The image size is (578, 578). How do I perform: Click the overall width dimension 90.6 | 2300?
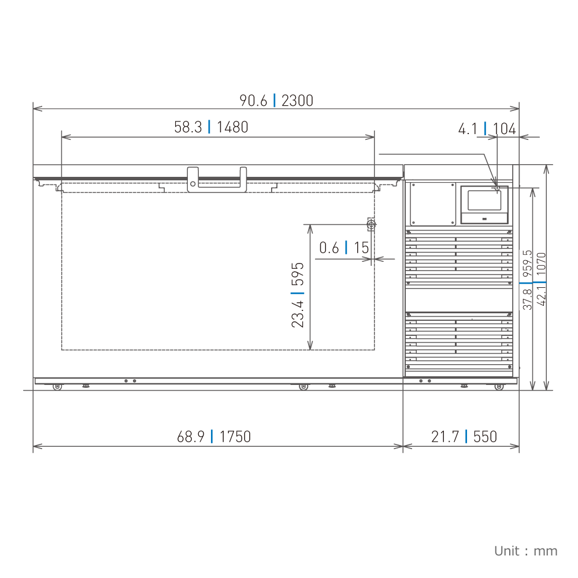[276, 101]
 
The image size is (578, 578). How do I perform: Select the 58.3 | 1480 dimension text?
[211, 127]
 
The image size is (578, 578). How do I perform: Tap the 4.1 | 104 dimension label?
[487, 129]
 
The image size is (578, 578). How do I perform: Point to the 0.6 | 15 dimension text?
[344, 248]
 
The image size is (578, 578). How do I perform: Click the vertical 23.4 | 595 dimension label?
[298, 295]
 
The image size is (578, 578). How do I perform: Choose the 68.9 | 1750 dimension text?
[214, 436]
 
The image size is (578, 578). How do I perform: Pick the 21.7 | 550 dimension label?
[464, 436]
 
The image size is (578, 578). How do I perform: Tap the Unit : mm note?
[525, 551]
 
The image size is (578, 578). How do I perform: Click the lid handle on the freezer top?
[217, 177]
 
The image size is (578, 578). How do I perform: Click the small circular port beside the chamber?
[372, 224]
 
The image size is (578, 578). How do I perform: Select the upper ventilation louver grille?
[458, 258]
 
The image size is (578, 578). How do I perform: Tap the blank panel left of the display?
[432, 204]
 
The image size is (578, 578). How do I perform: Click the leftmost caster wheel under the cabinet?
[57, 387]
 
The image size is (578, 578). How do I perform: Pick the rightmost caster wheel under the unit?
[499, 387]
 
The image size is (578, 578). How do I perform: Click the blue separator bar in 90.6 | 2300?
[275, 101]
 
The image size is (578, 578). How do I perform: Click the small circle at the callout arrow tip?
[497, 188]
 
